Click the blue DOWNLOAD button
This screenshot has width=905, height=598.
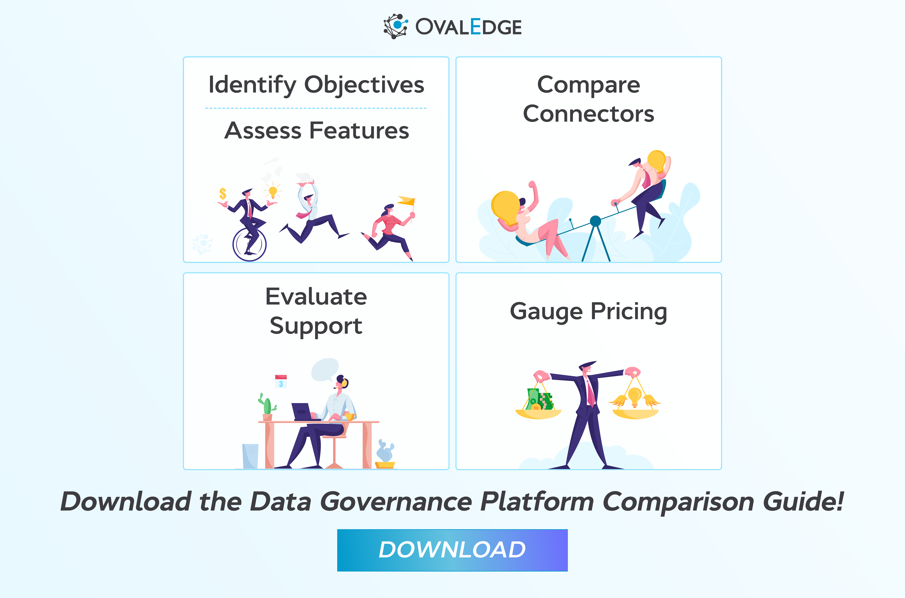(x=452, y=550)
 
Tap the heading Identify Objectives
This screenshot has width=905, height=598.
(x=316, y=85)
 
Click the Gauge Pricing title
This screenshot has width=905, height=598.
(x=589, y=312)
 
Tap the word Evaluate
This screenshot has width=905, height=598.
(x=316, y=297)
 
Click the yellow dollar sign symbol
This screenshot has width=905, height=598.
(x=223, y=194)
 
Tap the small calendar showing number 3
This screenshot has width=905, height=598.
(x=281, y=381)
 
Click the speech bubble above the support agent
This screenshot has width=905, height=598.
(x=325, y=369)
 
